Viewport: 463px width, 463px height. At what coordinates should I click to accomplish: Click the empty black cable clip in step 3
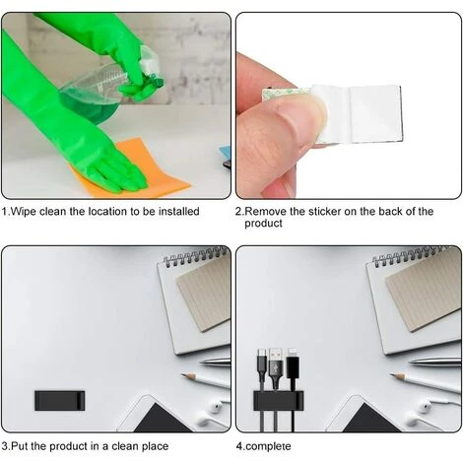59,400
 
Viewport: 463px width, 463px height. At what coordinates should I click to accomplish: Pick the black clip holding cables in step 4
276,401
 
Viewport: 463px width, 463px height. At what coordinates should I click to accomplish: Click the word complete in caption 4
270,445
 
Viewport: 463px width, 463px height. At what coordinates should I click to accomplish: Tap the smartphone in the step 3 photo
158,416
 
